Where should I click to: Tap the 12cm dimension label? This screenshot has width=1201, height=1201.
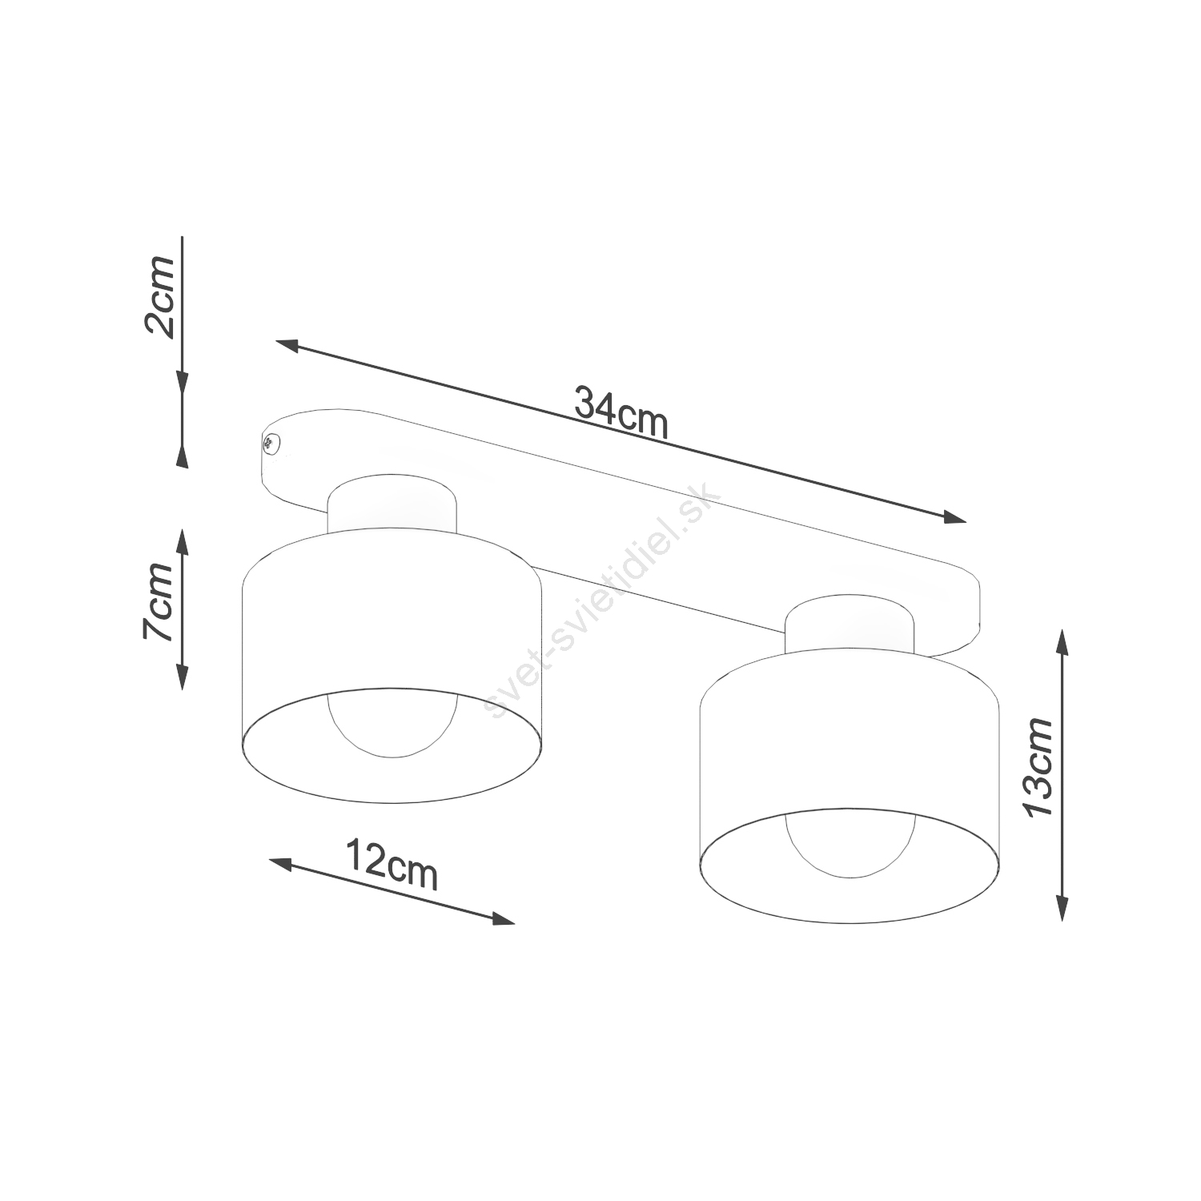pos(392,864)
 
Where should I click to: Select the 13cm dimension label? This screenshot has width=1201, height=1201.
pos(1038,766)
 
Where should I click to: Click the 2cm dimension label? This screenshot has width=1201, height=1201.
pos(158,298)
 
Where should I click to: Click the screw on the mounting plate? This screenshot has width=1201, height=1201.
pos(271,442)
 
